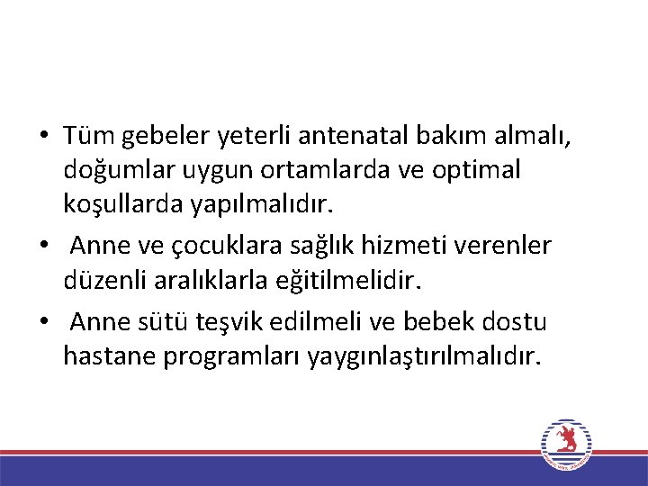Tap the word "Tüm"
[85, 136]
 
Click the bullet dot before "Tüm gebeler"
[42, 137]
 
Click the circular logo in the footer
[566, 443]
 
